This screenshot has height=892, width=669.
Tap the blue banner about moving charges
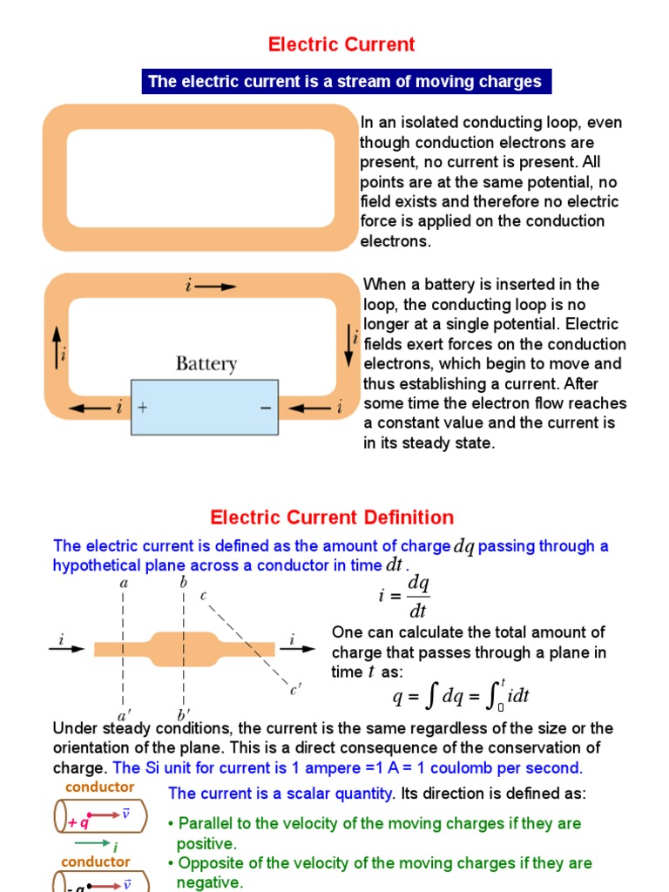(345, 82)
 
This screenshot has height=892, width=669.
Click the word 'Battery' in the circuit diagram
(206, 363)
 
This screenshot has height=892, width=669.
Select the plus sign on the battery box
(142, 407)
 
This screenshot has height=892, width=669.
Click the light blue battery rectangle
(205, 407)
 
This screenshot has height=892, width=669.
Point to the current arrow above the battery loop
(215, 287)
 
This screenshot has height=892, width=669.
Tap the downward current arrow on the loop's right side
(348, 346)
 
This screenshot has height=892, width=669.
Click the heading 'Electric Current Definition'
(332, 517)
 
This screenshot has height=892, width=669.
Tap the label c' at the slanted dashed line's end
(295, 691)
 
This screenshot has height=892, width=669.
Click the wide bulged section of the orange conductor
(184, 647)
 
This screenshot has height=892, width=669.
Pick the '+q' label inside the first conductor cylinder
(78, 821)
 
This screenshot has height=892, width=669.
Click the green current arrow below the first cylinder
(91, 842)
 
